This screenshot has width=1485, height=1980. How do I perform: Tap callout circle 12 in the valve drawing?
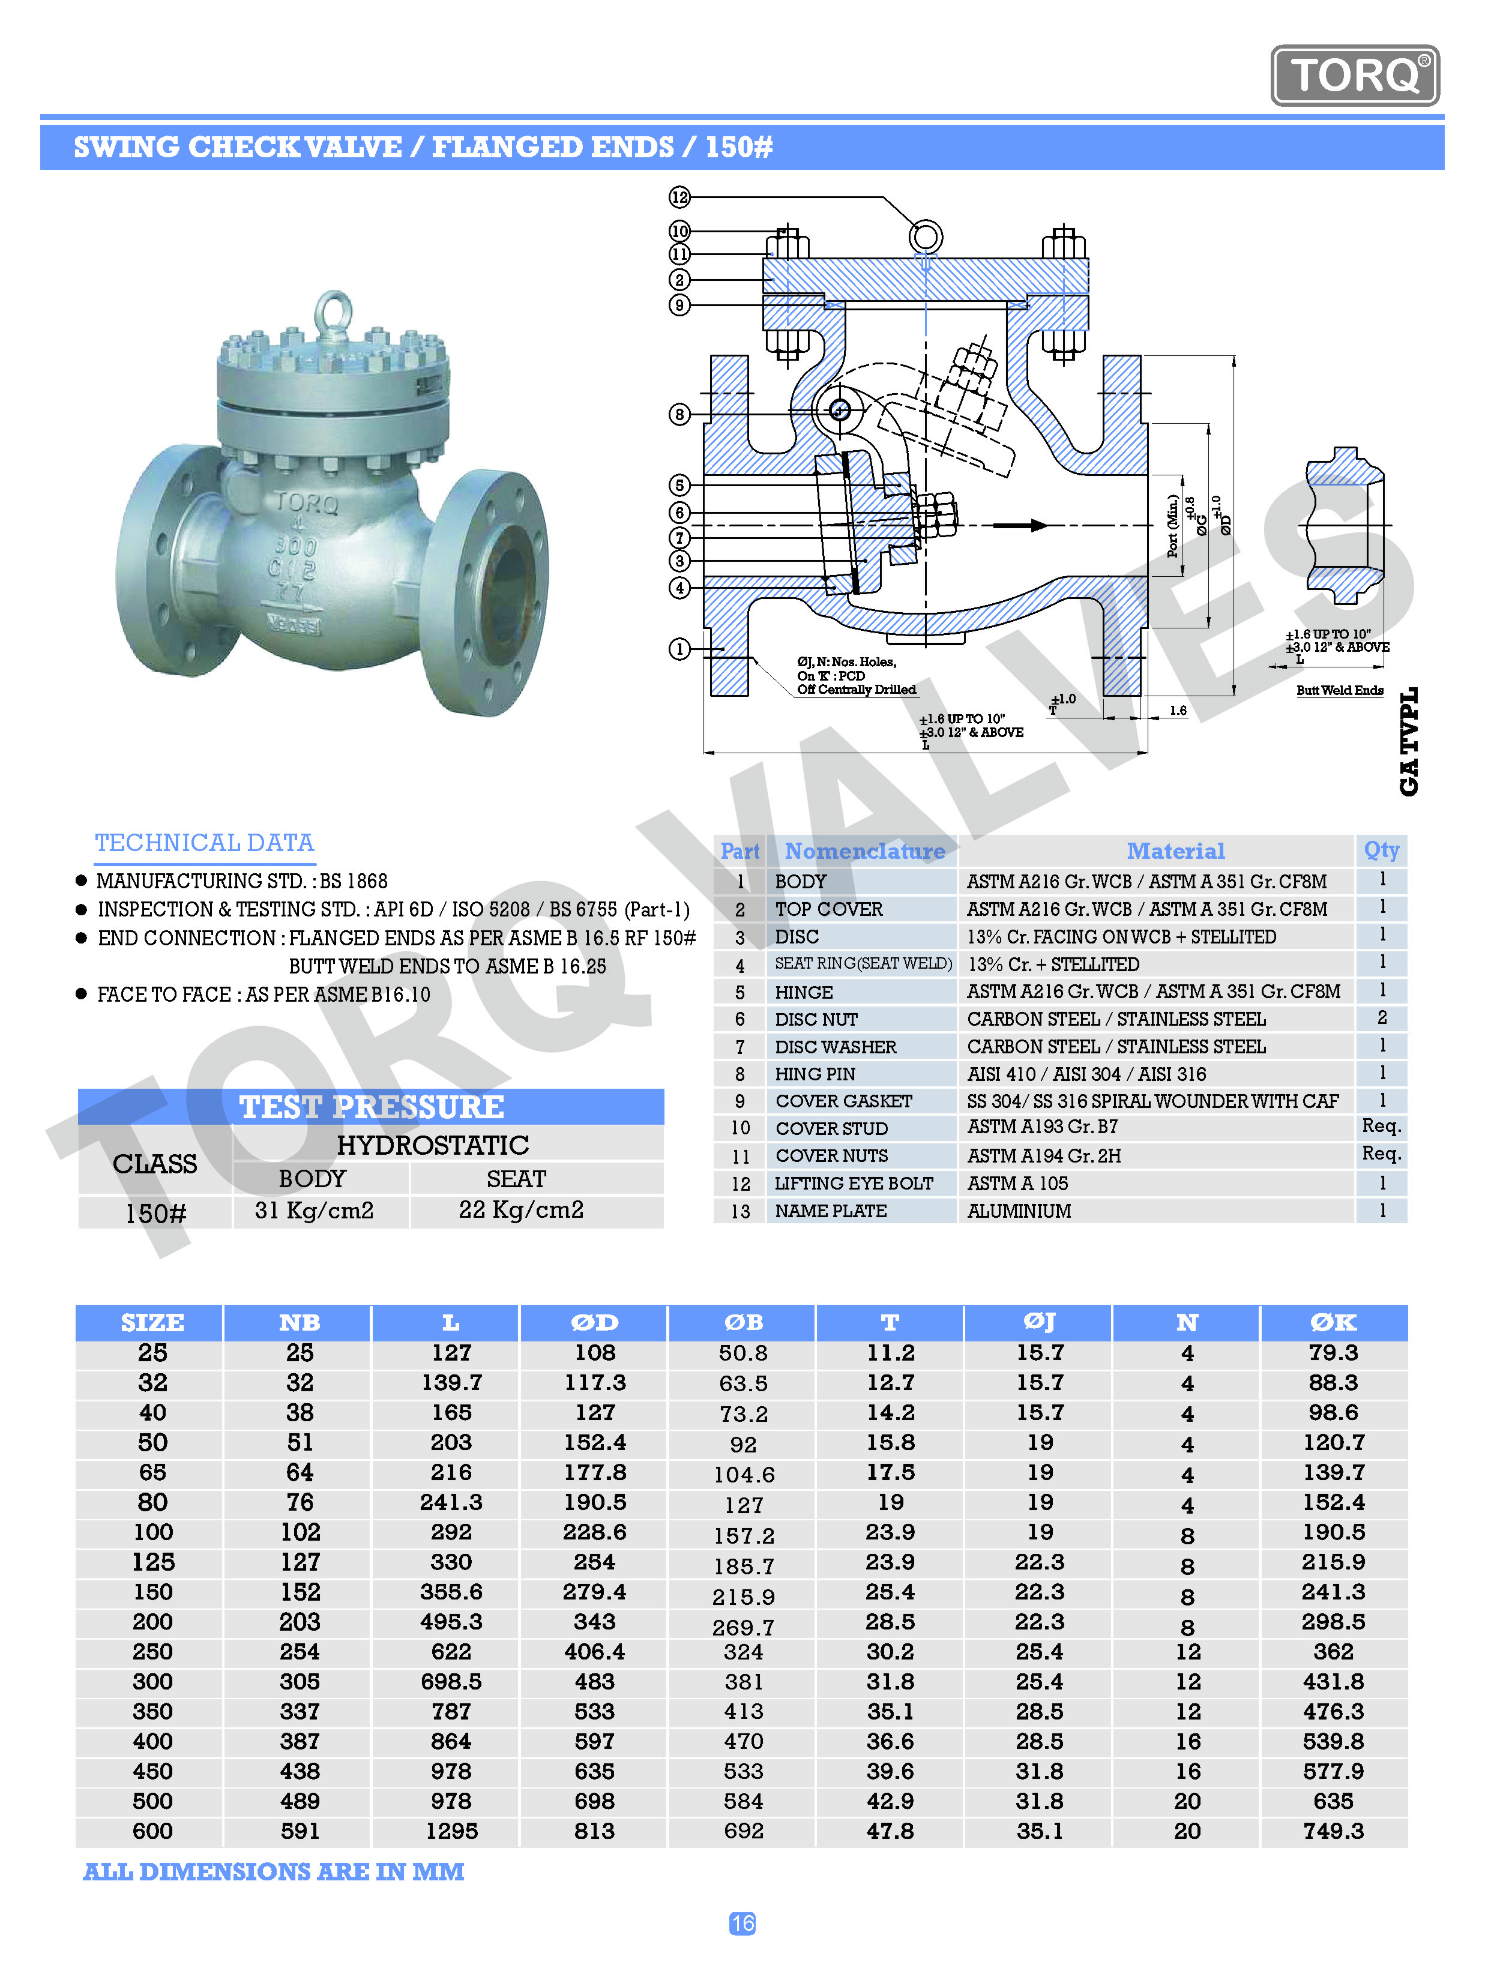pyautogui.click(x=679, y=197)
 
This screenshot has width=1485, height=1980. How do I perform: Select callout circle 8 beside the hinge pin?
pyautogui.click(x=679, y=415)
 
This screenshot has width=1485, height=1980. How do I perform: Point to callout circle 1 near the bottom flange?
pyautogui.click(x=679, y=649)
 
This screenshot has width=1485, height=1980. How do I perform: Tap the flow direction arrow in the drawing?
pyautogui.click(x=1020, y=525)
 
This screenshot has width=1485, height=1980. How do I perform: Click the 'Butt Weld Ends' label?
pyautogui.click(x=1339, y=690)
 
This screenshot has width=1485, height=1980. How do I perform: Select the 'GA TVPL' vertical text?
pyautogui.click(x=1409, y=741)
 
